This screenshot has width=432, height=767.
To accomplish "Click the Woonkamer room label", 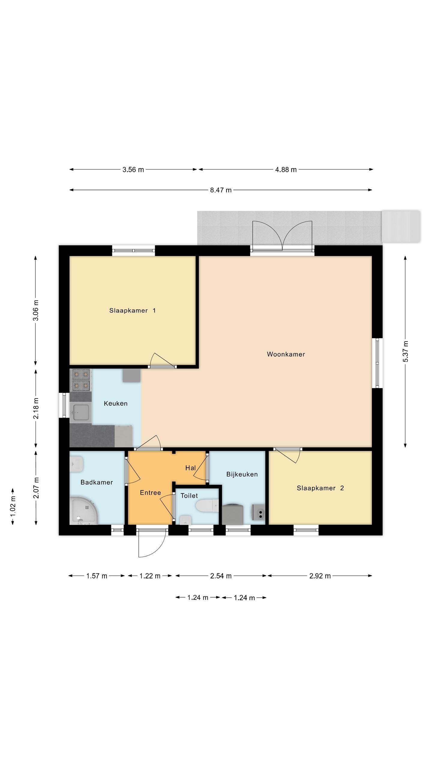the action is (x=286, y=354).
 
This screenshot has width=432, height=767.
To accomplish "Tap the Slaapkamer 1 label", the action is (x=132, y=310).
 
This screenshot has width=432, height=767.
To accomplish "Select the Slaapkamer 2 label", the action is (x=320, y=488).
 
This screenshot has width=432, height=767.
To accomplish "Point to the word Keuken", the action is (x=115, y=403).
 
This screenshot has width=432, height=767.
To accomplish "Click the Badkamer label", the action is (x=97, y=482).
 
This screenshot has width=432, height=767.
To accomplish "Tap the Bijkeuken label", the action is (x=242, y=474).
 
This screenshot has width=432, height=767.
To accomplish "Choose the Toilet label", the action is (x=189, y=496).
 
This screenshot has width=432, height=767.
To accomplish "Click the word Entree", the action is (x=150, y=493).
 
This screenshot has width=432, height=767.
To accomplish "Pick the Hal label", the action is (x=190, y=468).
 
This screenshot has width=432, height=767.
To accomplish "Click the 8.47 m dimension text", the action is (x=221, y=190).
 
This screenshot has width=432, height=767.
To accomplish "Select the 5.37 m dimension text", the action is (x=405, y=351).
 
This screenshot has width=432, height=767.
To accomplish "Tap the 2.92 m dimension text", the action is (x=320, y=576).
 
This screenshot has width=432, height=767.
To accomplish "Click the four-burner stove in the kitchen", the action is (x=80, y=380).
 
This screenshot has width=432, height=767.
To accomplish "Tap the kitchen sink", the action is (x=80, y=412).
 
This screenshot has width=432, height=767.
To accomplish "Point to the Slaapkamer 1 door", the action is (x=162, y=360).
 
